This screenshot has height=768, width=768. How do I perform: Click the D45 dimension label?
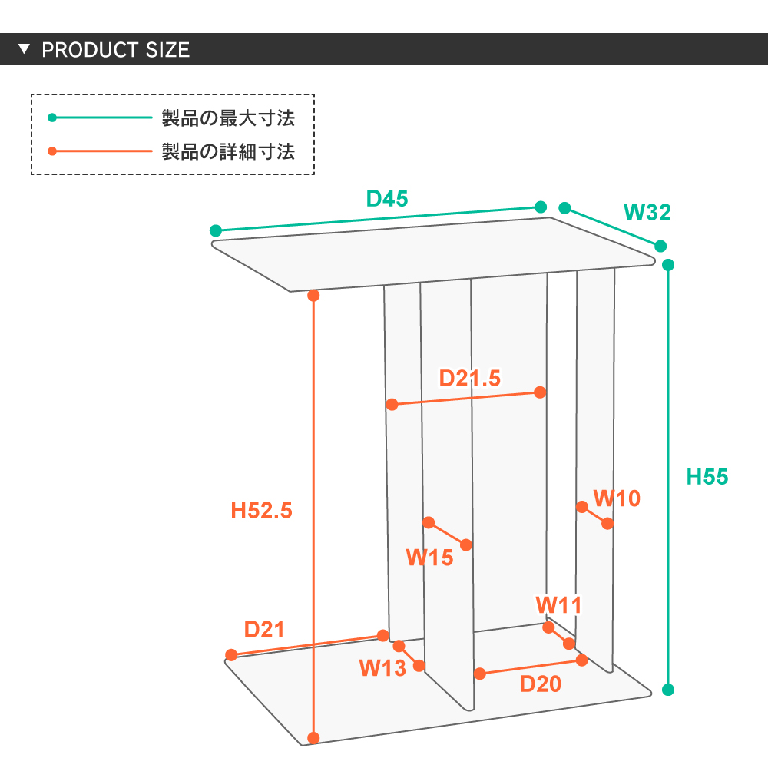(x=386, y=198)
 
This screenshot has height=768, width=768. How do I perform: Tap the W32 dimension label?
(x=647, y=212)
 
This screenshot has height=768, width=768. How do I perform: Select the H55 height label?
(x=707, y=477)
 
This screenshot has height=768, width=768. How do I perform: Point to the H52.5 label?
(x=262, y=510)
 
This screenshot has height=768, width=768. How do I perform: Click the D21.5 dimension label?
(x=469, y=378)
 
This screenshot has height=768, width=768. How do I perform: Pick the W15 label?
(x=429, y=558)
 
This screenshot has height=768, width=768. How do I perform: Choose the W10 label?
(x=617, y=498)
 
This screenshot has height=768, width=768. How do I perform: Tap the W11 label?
(x=558, y=604)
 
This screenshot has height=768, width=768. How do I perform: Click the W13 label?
(x=382, y=668)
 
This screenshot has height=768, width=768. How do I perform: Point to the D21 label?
(x=264, y=630)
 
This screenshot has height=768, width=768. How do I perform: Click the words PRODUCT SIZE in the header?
(x=115, y=51)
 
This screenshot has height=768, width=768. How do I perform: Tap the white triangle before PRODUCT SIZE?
(x=24, y=50)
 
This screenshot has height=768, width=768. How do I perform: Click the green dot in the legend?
(x=52, y=118)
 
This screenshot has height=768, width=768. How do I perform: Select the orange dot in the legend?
(x=52, y=151)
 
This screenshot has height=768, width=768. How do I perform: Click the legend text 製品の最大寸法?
(x=228, y=118)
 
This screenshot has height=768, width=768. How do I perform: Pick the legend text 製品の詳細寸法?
(x=228, y=151)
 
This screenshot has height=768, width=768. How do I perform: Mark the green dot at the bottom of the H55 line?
(x=668, y=690)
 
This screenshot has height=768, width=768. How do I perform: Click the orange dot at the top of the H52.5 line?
(x=313, y=295)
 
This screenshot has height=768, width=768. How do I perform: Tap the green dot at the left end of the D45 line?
(x=216, y=230)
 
